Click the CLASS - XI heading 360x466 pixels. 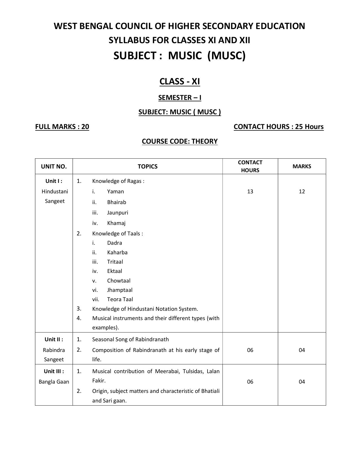tap(180, 81)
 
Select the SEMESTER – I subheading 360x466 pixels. tap(180, 98)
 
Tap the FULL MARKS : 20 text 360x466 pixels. tap(62, 127)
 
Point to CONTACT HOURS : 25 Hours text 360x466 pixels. tap(278, 127)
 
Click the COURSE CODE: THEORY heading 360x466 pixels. tap(180, 141)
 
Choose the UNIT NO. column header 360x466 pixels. tap(54, 167)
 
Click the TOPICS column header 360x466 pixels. tap(147, 167)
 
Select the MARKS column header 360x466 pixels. tap(302, 167)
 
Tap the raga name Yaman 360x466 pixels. tap(115, 192)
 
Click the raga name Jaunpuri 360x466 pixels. tap(117, 213)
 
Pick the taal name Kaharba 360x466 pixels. tap(117, 252)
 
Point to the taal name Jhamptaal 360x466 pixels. tap(120, 290)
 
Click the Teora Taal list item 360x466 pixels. tap(120, 299)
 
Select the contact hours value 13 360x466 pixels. tap(250, 192)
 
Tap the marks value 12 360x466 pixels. tap(302, 192)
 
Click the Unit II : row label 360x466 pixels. tap(54, 340)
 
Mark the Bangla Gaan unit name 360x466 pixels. tap(54, 382)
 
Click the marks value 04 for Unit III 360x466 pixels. tap(302, 382)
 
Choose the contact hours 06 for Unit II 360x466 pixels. tap(250, 350)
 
